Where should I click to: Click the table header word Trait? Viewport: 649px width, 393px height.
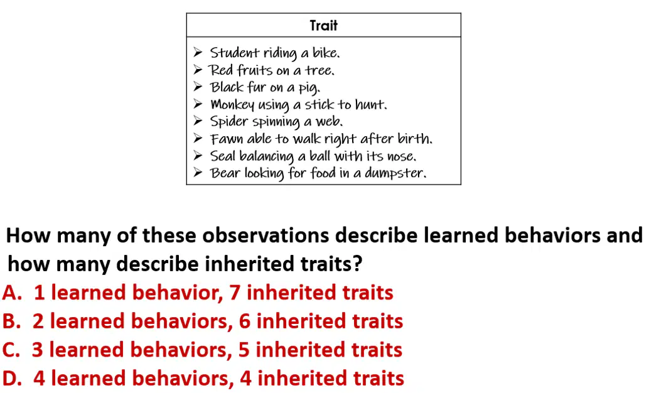[324, 25]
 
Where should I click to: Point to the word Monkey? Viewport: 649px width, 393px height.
[232, 105]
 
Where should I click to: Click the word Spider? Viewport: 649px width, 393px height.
[229, 122]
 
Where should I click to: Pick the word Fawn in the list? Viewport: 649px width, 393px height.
[226, 139]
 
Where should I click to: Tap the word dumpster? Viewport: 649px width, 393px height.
[394, 173]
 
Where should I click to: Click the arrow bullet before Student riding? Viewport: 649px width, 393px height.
[198, 52]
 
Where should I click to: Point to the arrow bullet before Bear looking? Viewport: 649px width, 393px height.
[198, 172]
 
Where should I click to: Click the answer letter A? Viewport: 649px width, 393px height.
[12, 293]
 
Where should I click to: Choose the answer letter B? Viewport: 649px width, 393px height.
[11, 321]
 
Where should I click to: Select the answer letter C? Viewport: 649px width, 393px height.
[11, 350]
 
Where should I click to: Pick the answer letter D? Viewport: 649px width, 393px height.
[12, 379]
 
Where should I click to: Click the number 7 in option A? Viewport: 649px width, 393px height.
[235, 293]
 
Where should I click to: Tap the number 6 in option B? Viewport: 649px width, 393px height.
[245, 321]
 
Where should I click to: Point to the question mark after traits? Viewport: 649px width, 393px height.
[358, 264]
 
